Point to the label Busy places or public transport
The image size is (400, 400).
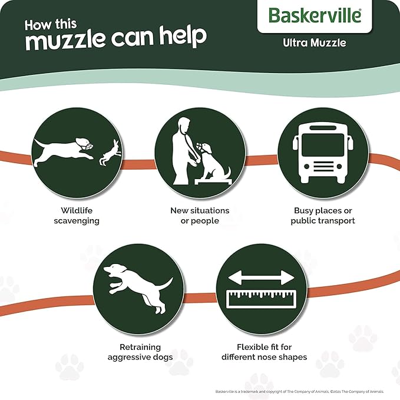pos(323,215)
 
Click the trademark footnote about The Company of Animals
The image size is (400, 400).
pos(299,391)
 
